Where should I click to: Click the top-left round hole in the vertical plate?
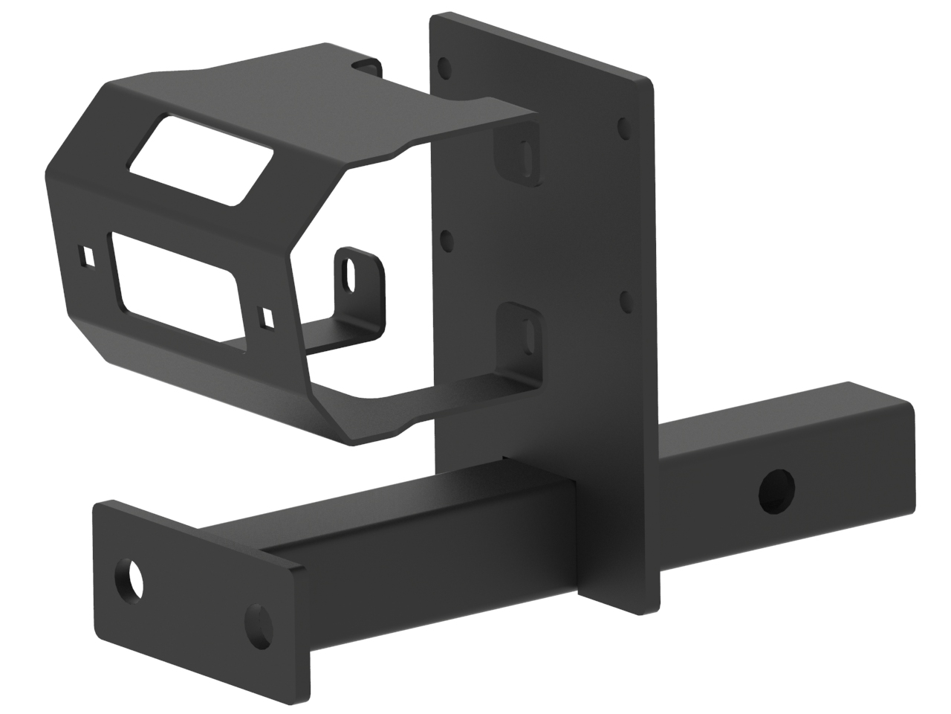click(x=444, y=68)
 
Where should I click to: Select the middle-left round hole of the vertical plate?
click(x=447, y=240)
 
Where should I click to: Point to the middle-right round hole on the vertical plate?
click(x=625, y=300)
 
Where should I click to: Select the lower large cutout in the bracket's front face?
click(x=174, y=276)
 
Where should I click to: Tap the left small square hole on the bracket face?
click(x=88, y=254)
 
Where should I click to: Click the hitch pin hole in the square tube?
click(x=777, y=490)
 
